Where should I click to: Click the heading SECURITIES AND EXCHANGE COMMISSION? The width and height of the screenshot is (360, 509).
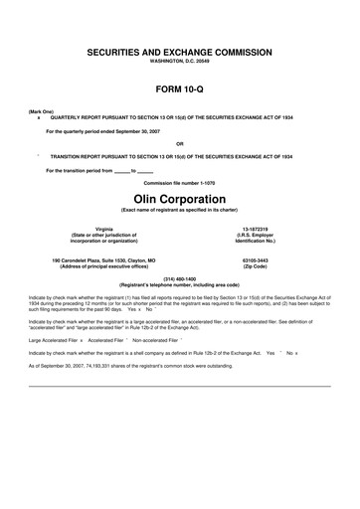coord(180,50)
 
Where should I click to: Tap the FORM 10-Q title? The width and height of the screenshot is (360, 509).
coord(180,89)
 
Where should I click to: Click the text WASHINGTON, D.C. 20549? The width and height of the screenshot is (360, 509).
coord(180,60)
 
